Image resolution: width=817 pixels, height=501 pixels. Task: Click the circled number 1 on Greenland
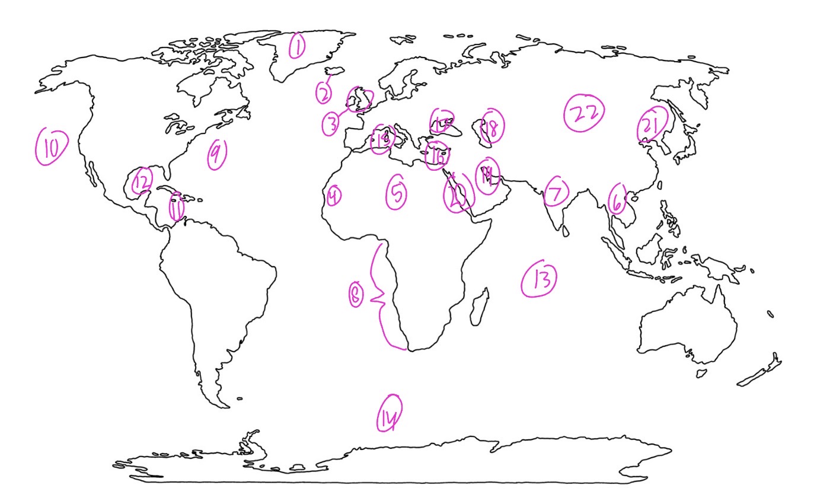click(297, 46)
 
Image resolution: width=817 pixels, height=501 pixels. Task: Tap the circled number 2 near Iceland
click(323, 93)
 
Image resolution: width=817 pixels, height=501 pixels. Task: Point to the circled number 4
click(334, 195)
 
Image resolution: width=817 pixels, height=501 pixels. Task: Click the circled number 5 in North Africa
click(397, 193)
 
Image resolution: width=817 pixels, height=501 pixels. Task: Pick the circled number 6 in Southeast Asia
click(617, 200)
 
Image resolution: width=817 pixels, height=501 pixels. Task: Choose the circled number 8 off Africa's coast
click(355, 295)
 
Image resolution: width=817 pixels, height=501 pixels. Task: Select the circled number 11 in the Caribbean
click(176, 208)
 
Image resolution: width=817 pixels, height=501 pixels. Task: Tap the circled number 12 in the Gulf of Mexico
click(142, 181)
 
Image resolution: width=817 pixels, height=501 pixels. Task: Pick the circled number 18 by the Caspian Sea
click(492, 127)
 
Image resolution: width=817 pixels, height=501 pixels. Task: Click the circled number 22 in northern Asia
click(584, 113)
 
